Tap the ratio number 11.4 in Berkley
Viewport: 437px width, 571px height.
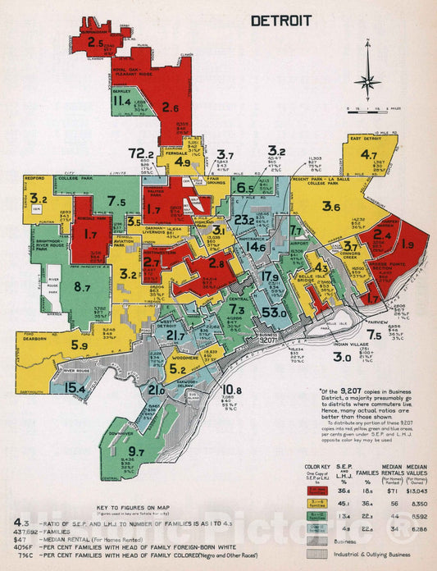tap(123, 102)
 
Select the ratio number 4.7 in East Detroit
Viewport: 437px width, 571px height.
tap(369, 154)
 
